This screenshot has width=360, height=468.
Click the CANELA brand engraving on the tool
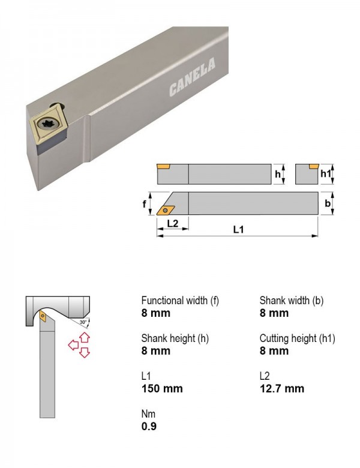(192, 77)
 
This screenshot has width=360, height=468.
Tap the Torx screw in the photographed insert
(48, 124)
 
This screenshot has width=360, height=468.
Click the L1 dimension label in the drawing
(238, 229)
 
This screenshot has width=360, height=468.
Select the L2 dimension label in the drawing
(172, 223)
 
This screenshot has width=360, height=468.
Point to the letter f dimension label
(144, 204)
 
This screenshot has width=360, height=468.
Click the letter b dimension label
(328, 203)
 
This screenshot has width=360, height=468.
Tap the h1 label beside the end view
(326, 173)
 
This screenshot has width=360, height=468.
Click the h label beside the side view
(278, 174)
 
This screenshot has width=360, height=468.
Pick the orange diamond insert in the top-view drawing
(166, 210)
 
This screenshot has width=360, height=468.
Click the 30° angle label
(83, 322)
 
